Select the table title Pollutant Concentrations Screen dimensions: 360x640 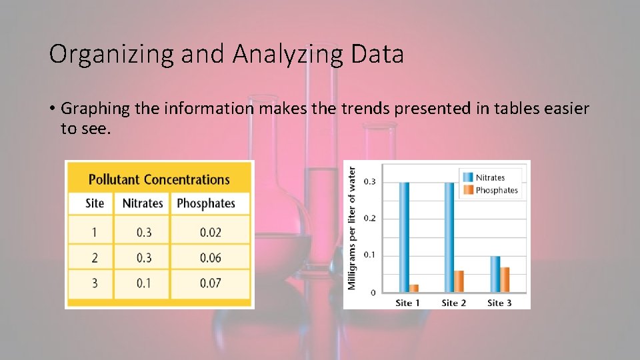point(159,179)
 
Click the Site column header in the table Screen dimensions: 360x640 point(95,203)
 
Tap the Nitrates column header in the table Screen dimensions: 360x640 point(143,203)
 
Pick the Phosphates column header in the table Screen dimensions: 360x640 point(206,203)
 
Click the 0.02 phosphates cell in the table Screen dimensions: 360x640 point(210,232)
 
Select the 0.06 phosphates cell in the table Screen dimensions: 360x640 point(210,258)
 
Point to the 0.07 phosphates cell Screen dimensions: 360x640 point(210,283)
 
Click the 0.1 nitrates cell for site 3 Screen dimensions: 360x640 point(143,283)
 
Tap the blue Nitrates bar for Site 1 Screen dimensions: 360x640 point(404,237)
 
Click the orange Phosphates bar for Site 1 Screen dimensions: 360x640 point(414,288)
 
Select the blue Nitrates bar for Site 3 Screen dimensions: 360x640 point(495,274)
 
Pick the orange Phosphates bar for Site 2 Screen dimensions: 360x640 point(459,281)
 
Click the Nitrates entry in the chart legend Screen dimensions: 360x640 point(489,177)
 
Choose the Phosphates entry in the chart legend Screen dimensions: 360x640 point(496,190)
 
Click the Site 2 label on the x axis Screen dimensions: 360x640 point(453,303)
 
